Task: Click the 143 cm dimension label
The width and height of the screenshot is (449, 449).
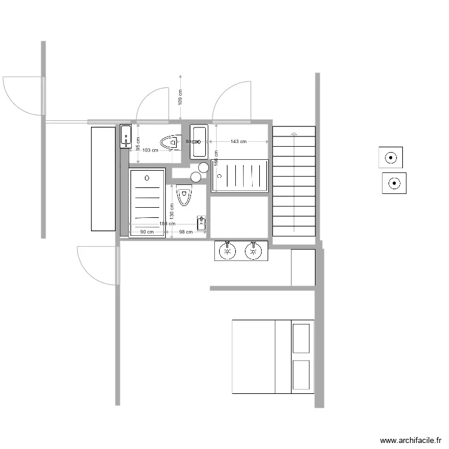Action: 239,142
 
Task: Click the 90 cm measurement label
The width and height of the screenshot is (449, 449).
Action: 147,232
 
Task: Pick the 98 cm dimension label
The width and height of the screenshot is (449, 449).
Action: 186,232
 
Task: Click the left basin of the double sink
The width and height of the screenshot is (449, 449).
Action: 227,251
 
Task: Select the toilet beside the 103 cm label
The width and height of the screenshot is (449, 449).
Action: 170,142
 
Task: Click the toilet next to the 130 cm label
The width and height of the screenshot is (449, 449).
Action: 184,195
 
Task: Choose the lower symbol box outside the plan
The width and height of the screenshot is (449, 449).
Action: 394,183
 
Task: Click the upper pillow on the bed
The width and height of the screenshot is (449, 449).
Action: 302,338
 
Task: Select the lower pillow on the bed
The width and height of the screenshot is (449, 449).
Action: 302,375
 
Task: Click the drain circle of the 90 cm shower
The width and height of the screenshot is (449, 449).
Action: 147,178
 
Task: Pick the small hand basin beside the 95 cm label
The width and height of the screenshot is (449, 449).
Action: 126,136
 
